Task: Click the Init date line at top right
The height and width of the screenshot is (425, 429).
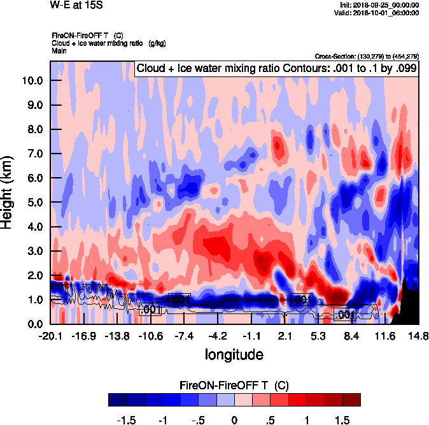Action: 380,5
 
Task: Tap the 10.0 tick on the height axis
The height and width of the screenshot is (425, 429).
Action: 32,81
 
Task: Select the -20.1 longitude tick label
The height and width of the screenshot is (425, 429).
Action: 50,335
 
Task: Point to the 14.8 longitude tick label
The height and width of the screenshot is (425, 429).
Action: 417,335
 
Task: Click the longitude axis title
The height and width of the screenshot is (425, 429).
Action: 234,354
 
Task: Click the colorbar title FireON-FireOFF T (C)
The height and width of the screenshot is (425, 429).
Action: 234,385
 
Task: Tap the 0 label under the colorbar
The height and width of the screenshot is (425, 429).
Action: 234,421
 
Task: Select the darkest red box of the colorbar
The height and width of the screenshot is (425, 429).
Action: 351,400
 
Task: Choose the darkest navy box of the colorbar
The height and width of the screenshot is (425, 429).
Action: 117,400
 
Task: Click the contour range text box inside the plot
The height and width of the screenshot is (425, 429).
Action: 276,69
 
